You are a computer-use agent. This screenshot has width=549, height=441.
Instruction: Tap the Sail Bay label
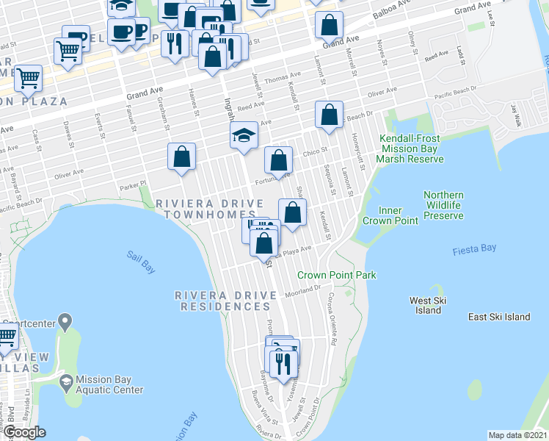(x=141, y=262)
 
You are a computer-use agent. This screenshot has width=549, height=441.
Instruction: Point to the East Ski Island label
(x=499, y=317)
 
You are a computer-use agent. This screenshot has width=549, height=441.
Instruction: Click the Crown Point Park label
(x=336, y=275)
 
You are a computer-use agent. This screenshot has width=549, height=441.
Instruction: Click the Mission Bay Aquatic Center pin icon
(x=65, y=380)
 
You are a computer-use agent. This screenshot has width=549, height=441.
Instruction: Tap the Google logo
(x=24, y=432)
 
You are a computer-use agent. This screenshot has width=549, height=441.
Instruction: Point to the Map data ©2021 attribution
(x=517, y=435)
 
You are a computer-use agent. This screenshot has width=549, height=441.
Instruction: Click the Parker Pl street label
(x=133, y=186)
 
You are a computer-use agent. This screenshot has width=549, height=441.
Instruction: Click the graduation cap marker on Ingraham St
(x=244, y=136)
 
